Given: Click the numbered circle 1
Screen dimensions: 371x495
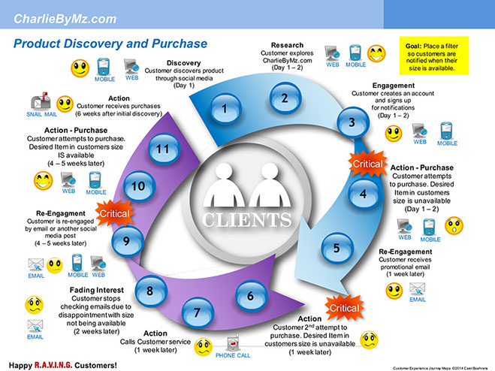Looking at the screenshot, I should (223, 110).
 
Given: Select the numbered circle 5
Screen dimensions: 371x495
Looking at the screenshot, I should (336, 248).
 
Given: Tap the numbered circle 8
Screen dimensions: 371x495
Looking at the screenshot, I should (150, 291).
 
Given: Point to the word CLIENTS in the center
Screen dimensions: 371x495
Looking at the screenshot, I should (246, 221).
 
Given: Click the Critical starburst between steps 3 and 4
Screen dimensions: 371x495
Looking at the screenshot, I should (369, 161).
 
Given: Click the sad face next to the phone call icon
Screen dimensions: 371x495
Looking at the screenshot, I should (203, 348).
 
